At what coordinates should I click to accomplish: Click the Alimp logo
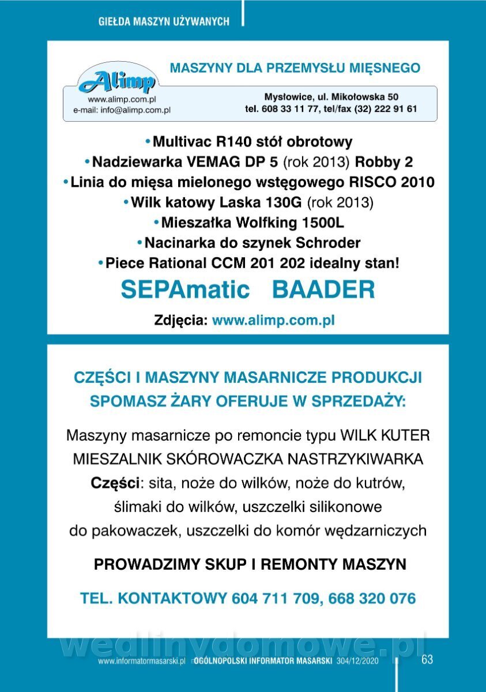tap(118, 81)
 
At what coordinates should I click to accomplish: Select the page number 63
tap(427, 660)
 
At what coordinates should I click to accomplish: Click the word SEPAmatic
tap(185, 289)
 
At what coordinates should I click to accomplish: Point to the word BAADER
tap(323, 289)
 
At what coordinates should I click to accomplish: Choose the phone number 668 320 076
tap(372, 599)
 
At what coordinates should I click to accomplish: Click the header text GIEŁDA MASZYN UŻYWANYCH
tap(164, 21)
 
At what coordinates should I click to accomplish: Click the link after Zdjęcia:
tap(274, 321)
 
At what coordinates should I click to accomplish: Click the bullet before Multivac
tap(148, 142)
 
